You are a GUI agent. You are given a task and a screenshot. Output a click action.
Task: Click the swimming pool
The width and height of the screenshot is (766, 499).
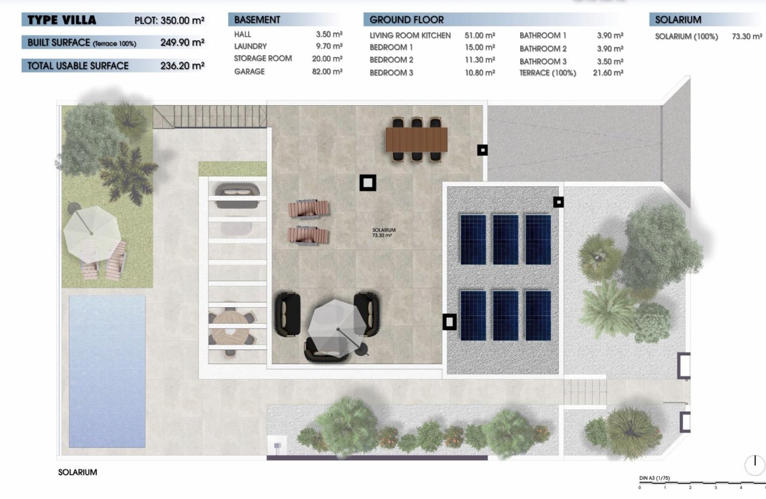coord(107,371)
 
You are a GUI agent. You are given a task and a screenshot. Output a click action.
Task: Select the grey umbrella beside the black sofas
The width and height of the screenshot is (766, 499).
coord(337,326)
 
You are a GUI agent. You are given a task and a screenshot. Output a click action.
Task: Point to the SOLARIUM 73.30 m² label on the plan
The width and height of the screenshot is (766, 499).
coord(384,233)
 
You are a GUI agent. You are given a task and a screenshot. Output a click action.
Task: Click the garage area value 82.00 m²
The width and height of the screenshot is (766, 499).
coord(329,71)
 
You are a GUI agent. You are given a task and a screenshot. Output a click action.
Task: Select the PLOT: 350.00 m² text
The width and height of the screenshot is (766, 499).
coord(169,20)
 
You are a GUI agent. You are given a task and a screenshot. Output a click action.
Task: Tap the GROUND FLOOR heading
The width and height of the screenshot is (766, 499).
coord(406,20)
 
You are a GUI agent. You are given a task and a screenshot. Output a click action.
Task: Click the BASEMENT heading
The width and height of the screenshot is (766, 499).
coord(257,20)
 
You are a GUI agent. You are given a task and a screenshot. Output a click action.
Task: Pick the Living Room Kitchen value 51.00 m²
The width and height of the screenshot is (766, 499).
coord(480,36)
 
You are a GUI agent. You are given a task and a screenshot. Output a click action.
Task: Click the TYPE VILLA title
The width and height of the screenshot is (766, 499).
coord(62,20)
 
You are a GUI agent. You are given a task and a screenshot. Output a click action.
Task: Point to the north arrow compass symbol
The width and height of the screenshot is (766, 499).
coord(755,463)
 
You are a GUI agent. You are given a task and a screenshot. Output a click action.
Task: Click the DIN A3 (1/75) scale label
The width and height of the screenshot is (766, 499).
coord(654,478)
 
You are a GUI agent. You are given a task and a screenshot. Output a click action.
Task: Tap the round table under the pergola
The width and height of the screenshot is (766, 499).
coord(232,327)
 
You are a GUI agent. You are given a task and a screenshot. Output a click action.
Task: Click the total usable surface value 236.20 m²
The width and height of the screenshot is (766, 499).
coord(182,65)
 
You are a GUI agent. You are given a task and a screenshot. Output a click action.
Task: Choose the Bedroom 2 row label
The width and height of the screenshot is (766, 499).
coord(391,60)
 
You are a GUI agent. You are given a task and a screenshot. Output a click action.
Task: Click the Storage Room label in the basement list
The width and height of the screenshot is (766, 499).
coord(262,58)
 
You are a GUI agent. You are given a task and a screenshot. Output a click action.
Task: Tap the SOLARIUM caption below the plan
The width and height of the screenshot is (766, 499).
coord(77,472)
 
